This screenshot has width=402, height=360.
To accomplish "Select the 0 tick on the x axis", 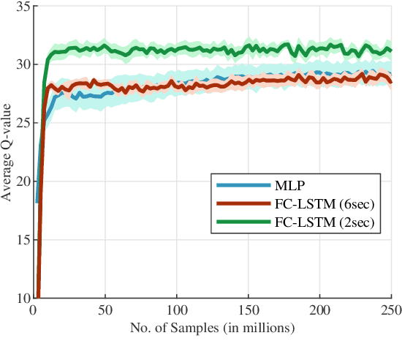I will [34, 310].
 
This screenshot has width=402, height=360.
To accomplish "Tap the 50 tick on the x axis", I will [105, 310].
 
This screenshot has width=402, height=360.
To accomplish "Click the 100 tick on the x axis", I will [177, 310].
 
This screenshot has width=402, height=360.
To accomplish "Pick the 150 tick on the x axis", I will [249, 310].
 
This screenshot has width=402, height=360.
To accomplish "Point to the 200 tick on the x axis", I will [320, 310].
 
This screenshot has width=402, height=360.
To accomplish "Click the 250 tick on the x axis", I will [390, 310].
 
